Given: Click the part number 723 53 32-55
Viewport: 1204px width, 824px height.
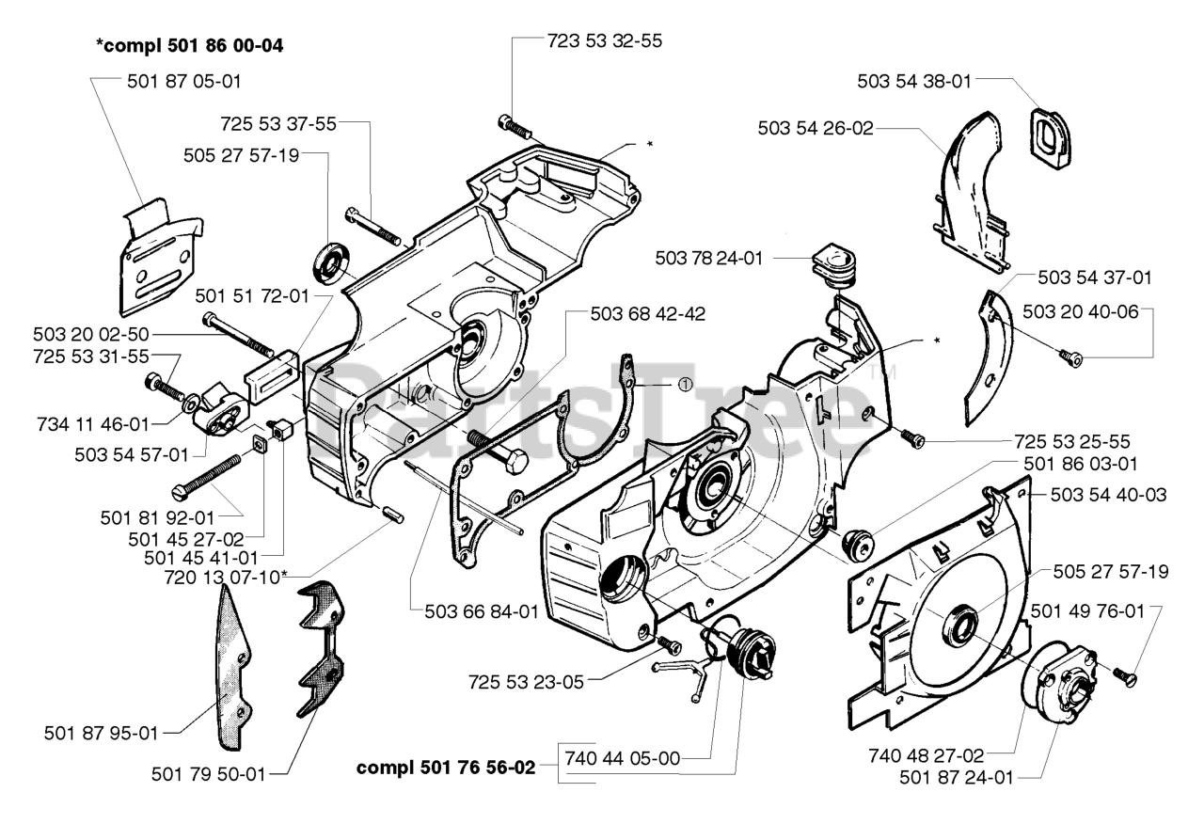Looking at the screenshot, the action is point(605,40).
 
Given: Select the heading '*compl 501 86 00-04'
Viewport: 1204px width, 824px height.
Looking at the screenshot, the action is point(190,46).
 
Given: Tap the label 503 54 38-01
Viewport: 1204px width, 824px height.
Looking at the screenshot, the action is point(914,81).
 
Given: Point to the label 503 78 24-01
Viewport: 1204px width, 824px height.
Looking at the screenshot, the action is point(709,258).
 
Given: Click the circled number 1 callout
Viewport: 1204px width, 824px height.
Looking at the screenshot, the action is point(685,385).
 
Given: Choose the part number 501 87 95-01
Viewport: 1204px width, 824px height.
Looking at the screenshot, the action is point(101,733).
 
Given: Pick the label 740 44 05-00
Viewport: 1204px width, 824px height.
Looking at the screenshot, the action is point(623,758).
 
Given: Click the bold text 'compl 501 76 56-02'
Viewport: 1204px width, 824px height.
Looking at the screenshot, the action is point(446,768).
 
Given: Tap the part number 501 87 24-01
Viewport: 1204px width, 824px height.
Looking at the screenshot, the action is point(957,777).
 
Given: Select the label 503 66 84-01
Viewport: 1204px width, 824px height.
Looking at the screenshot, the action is point(482,611).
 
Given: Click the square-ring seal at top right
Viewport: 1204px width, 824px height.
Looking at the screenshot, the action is point(1050,139).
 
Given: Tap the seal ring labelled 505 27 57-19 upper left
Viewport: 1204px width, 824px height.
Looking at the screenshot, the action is point(331,263).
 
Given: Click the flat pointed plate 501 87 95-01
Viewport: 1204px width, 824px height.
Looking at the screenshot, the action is point(233,667).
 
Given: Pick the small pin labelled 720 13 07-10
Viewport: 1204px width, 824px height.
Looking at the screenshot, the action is point(393,513).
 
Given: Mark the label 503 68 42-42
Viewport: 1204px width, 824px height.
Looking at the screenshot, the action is point(648,314).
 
